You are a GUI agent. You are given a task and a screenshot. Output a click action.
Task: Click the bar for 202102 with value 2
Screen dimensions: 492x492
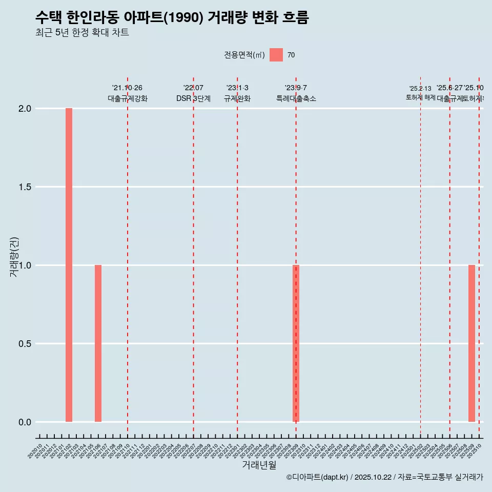click(69, 265)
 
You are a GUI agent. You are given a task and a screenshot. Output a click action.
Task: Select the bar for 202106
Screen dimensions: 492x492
click(98, 343)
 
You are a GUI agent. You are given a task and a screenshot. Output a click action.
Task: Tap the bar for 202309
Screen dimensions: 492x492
click(296, 343)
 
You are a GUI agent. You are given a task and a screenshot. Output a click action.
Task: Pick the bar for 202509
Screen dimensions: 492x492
click(471, 343)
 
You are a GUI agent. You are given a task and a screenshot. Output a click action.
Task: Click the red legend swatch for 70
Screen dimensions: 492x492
click(276, 55)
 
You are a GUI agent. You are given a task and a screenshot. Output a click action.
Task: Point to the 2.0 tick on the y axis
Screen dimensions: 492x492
click(25, 109)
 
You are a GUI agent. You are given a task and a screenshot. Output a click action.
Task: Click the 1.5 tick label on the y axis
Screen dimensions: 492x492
click(25, 187)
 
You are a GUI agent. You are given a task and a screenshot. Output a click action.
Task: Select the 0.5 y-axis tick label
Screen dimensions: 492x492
click(25, 344)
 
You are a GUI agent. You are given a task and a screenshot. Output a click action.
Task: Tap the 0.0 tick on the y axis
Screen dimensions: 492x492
click(25, 422)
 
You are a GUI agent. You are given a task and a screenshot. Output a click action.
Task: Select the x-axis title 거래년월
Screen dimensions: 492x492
click(259, 465)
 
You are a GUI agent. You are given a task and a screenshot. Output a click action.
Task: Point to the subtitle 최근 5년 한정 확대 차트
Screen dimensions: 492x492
click(82, 33)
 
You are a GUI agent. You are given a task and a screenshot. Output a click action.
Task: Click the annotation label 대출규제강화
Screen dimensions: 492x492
click(128, 98)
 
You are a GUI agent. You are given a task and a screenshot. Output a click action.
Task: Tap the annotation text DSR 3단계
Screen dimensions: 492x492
click(193, 98)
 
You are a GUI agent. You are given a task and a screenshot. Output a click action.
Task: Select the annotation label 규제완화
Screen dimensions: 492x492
click(237, 98)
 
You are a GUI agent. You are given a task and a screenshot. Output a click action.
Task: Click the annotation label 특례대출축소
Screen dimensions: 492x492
click(296, 98)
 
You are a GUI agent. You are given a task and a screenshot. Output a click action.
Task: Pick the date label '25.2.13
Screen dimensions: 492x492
click(420, 89)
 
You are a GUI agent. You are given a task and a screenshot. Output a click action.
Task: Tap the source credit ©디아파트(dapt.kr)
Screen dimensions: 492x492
click(317, 477)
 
